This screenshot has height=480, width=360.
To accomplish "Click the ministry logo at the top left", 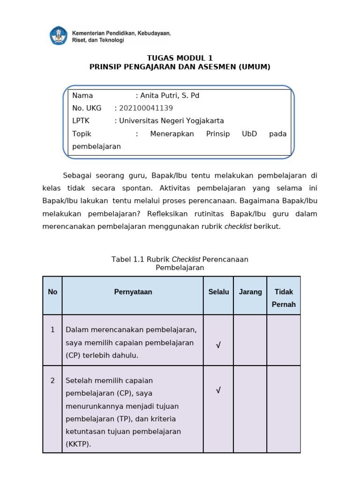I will click(59, 36).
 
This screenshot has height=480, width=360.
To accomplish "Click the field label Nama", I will click(82, 96).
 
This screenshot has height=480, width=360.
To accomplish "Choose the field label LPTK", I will click(81, 121).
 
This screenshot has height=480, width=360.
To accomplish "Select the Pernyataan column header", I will click(133, 292).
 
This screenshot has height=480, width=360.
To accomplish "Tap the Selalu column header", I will click(218, 292).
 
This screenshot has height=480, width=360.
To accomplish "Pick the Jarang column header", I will click(250, 292).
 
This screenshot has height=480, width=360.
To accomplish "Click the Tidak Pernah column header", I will click(284, 298).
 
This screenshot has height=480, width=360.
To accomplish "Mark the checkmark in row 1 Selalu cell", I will click(218, 345).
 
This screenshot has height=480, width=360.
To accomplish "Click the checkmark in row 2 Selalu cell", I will click(218, 390).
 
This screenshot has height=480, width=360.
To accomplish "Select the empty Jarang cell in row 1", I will click(250, 340).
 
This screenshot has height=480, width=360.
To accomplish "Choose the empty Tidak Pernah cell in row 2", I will click(284, 409).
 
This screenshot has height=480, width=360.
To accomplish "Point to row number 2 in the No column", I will click(52, 381).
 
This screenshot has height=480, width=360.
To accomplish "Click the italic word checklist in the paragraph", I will click(238, 227).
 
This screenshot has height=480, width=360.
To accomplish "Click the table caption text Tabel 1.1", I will click(128, 259).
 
